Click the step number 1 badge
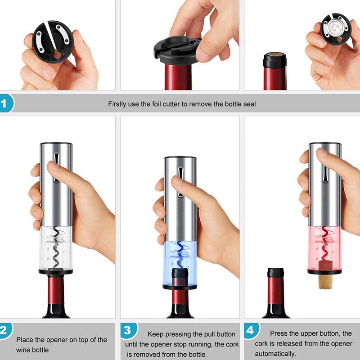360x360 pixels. point(6,103)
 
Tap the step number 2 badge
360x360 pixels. point(5,331)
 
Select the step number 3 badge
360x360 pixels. point(129,331)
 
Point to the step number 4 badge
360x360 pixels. point(252,331)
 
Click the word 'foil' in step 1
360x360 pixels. point(156,104)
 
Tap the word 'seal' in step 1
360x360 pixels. point(250,104)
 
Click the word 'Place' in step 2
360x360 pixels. point(25,340)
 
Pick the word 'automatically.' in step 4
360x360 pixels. point(275,354)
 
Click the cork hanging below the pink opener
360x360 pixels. point(325,282)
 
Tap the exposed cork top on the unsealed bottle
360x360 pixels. point(275,54)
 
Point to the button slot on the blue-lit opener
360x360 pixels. point(180,182)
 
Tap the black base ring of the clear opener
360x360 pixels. point(56,272)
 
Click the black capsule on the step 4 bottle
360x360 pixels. point(275,273)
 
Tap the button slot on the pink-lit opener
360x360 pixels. point(324,174)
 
